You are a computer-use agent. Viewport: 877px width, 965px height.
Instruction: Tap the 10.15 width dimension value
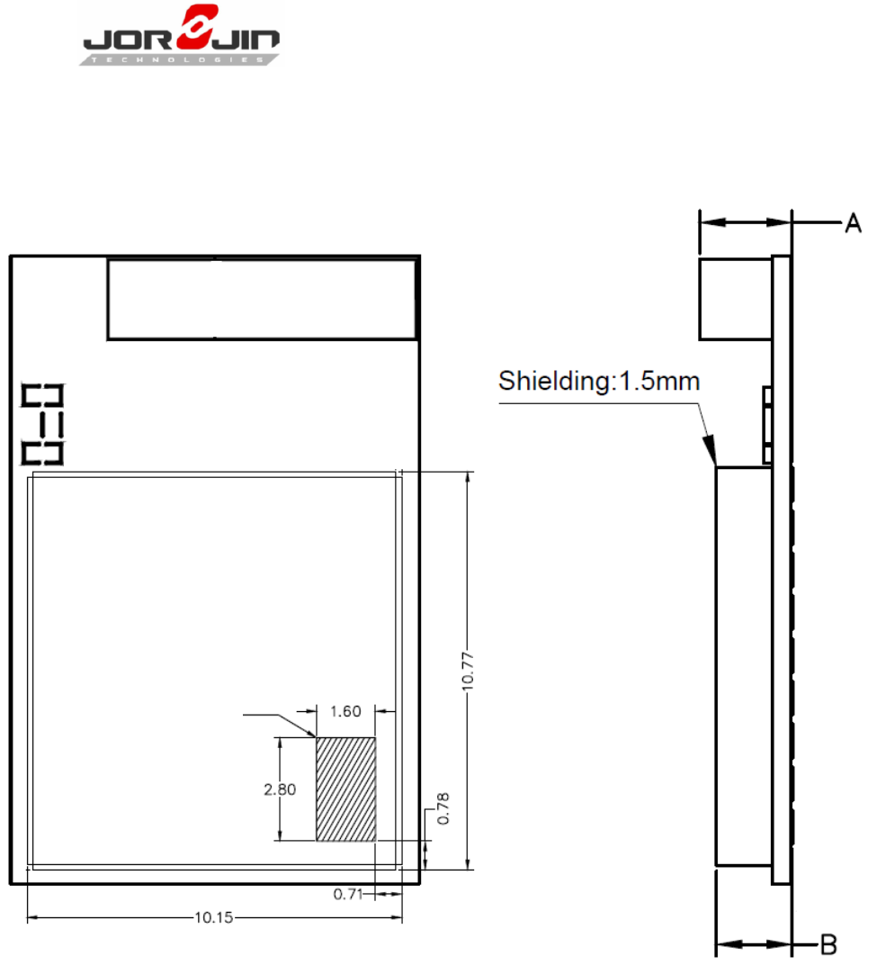pyautogui.click(x=213, y=917)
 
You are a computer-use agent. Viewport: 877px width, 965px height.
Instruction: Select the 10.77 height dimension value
pyautogui.click(x=468, y=672)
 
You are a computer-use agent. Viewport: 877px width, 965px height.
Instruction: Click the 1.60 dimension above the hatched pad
pyautogui.click(x=345, y=711)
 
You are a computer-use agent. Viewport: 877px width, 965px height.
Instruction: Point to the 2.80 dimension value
pyautogui.click(x=280, y=789)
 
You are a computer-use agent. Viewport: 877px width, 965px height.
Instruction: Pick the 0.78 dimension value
pyautogui.click(x=443, y=808)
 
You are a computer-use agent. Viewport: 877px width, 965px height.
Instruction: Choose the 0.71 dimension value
pyautogui.click(x=348, y=894)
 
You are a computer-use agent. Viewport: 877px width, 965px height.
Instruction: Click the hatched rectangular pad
pyautogui.click(x=345, y=789)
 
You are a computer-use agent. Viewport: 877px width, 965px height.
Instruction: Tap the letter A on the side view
pyautogui.click(x=853, y=222)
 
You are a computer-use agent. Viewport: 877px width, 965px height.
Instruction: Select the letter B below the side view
pyautogui.click(x=829, y=944)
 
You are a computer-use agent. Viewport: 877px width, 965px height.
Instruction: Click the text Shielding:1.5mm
pyautogui.click(x=599, y=382)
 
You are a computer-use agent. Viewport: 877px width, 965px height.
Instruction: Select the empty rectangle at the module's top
pyautogui.click(x=262, y=299)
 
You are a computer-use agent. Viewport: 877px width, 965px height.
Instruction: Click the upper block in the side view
pyautogui.click(x=736, y=299)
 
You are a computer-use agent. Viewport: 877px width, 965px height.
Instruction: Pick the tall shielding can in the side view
pyautogui.click(x=744, y=666)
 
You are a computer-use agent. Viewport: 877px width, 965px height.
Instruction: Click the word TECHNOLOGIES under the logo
pyautogui.click(x=178, y=59)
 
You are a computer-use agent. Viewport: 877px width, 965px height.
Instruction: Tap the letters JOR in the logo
pyautogui.click(x=128, y=40)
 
